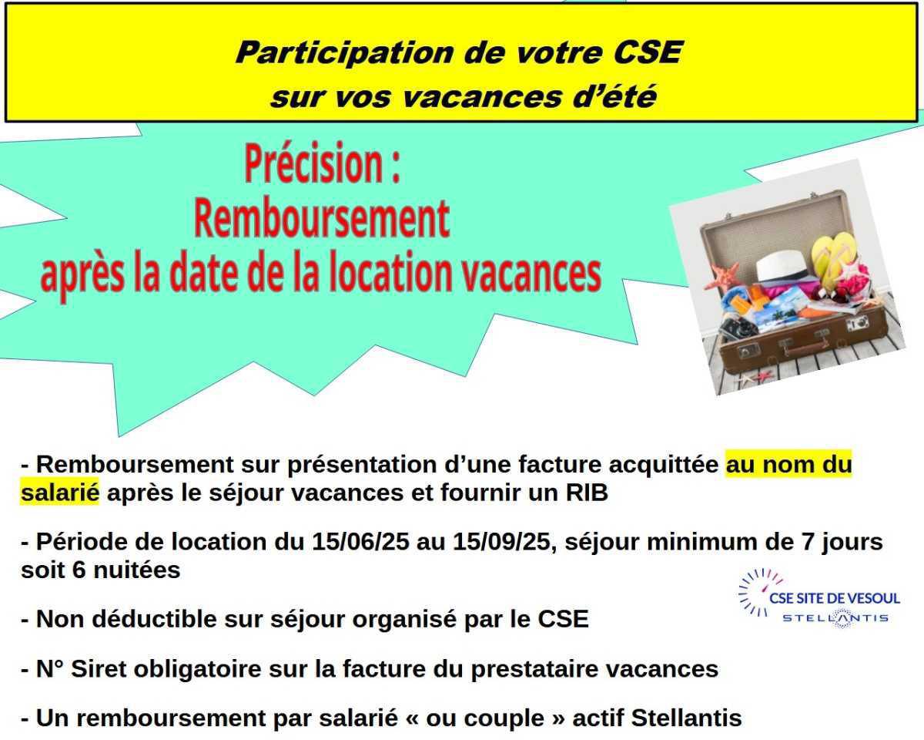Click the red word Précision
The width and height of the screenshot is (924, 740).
point(323,164)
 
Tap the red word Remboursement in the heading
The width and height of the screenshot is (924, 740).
point(321,220)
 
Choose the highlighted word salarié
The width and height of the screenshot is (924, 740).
point(60,493)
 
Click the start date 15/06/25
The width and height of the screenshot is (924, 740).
point(352,542)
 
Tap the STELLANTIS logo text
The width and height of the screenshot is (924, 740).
point(835,617)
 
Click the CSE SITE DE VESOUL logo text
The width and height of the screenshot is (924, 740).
point(835,597)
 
